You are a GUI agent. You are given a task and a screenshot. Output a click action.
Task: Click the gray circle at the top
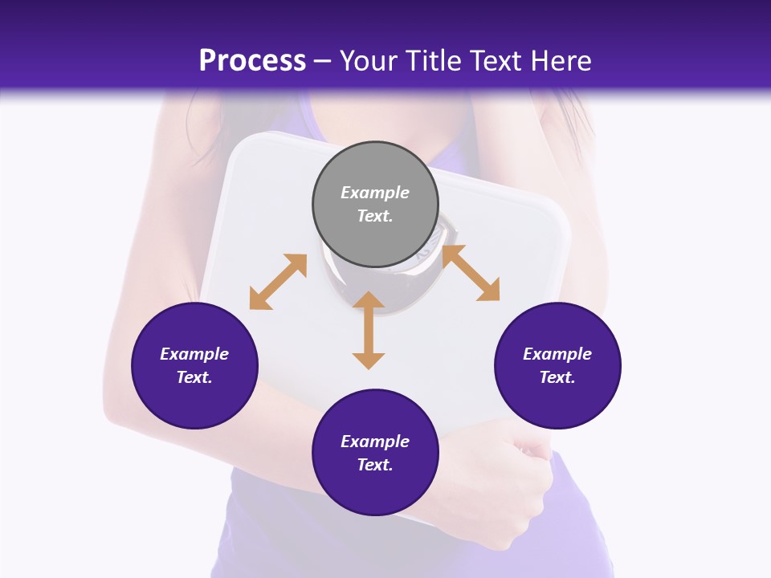coord(375,205)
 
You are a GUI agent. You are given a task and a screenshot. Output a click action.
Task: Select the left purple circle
coord(194,365)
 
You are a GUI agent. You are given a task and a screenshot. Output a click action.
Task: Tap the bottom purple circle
coord(375,453)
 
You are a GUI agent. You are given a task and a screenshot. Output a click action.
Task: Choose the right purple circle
coord(557,365)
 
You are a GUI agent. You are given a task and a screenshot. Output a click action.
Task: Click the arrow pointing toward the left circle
coord(278,282)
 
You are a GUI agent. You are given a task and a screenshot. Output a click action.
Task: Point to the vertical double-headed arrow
coord(369,330)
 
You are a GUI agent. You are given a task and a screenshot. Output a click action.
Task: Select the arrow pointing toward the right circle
coord(471,273)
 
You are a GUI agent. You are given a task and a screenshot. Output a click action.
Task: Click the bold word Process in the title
coord(252,60)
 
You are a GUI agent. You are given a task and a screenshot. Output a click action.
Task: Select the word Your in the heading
coord(369,60)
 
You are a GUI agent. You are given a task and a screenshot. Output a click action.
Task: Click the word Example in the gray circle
coord(375,193)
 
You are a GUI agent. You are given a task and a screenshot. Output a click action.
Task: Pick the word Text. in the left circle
coord(194,377)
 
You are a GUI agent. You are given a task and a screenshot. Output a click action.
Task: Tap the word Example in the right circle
coord(557,354)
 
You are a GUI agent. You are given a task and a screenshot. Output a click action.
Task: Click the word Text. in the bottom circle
coord(375,465)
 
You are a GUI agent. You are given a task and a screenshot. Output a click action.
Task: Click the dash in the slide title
coord(323,60)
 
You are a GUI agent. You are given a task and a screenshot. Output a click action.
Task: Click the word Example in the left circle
coord(194,354)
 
